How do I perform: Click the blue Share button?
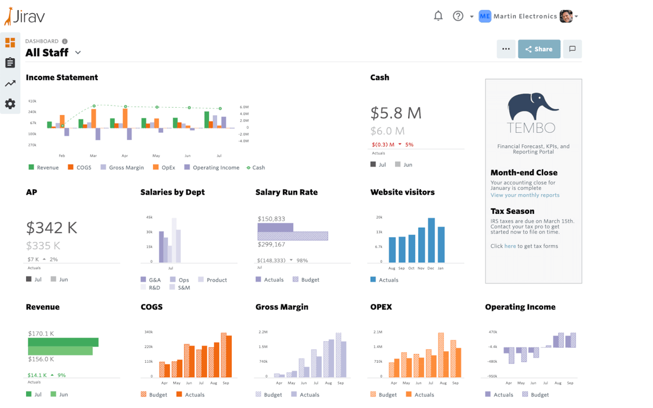tap(539, 49)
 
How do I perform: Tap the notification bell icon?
tap(438, 16)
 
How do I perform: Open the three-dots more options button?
tap(506, 49)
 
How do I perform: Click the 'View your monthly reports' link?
tap(525, 195)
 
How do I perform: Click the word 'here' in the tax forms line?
tap(510, 246)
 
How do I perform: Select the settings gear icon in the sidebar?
tap(10, 104)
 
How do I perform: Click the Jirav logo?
tap(24, 16)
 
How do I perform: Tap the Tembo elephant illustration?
tap(532, 107)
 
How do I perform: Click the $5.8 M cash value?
tap(396, 113)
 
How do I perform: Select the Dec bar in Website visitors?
tap(431, 240)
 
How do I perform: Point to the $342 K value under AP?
tap(52, 227)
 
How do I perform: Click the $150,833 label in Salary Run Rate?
tap(271, 219)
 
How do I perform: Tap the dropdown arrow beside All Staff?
tap(78, 53)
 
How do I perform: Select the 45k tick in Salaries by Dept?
tap(149, 217)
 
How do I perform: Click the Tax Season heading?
tap(512, 211)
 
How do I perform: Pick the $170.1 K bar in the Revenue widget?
tap(63, 342)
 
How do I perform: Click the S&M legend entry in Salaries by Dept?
tap(183, 287)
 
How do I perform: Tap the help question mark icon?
tap(458, 16)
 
